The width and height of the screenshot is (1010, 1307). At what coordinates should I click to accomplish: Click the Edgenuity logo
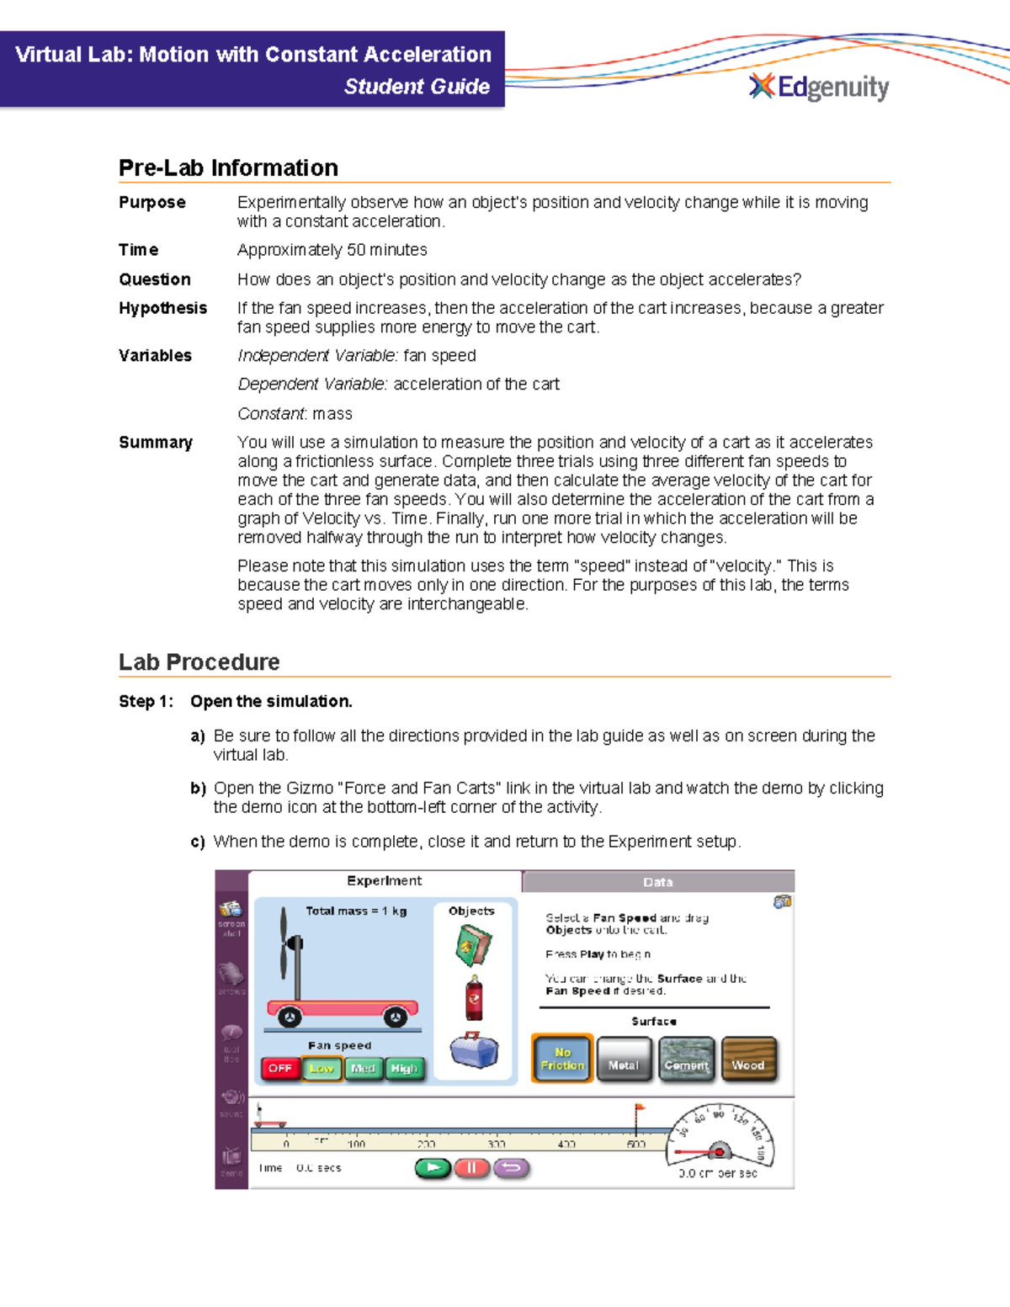[x=819, y=87]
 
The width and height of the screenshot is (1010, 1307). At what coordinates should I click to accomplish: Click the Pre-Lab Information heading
[x=228, y=167]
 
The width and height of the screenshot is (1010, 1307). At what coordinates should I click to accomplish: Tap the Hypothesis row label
[x=162, y=308]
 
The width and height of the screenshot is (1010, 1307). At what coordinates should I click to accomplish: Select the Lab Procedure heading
[x=199, y=662]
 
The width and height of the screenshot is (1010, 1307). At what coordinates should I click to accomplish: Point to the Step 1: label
[x=146, y=701]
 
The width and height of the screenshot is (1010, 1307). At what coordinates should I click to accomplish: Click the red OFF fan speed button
[x=280, y=1068]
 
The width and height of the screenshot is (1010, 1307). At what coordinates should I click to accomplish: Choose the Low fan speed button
[x=322, y=1068]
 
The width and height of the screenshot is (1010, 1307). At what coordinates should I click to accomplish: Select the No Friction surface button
[x=562, y=1059]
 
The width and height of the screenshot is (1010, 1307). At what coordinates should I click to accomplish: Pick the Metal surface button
[x=624, y=1060]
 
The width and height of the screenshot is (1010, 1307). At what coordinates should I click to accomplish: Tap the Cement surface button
[x=686, y=1060]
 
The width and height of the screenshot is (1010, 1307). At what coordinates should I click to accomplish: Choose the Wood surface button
[x=748, y=1060]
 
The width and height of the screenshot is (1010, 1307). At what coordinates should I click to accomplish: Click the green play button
[x=433, y=1167]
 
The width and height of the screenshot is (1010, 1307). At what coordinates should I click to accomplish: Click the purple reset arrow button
[x=512, y=1167]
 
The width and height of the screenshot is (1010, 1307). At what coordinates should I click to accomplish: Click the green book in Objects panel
[x=473, y=945]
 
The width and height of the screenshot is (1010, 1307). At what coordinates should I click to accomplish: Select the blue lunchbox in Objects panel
[x=474, y=1050]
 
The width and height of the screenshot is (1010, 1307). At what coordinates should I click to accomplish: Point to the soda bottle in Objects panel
[x=474, y=998]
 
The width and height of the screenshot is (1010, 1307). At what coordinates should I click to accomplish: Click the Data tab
[x=657, y=882]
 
